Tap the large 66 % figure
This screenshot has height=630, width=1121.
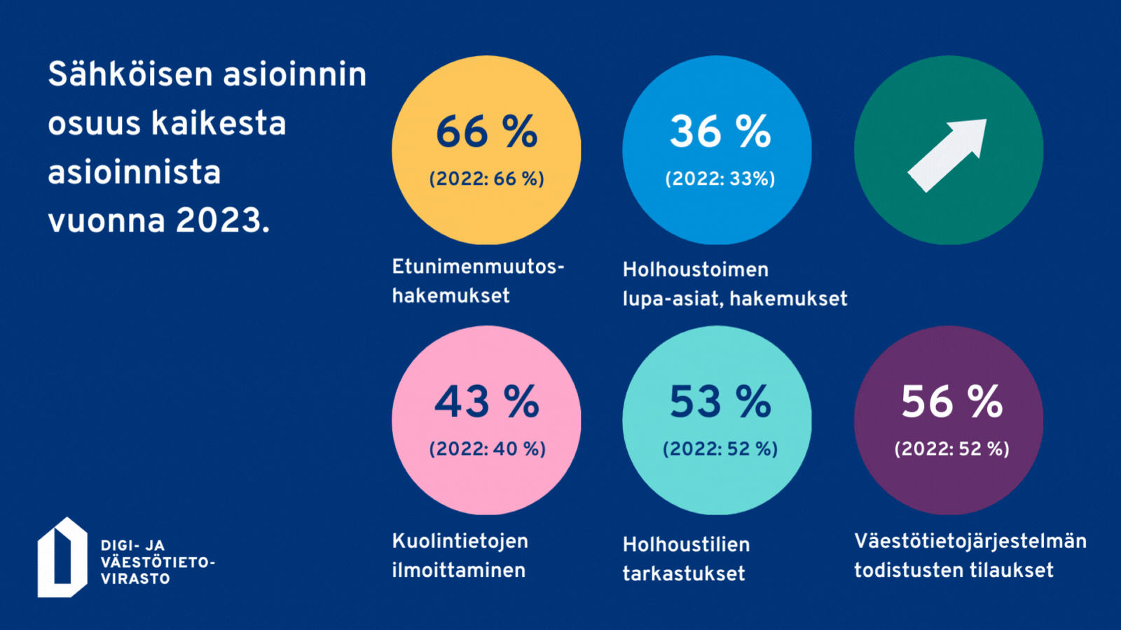(x=486, y=132)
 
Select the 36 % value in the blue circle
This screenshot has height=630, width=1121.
(x=720, y=132)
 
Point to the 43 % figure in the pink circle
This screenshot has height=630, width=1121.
(x=486, y=402)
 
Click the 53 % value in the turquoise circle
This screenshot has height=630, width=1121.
(x=720, y=402)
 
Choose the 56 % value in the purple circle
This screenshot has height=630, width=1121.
(x=951, y=402)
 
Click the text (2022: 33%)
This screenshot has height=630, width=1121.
(x=720, y=179)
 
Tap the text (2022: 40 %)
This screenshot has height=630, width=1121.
(x=487, y=449)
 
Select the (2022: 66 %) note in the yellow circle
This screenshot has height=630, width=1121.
(x=486, y=179)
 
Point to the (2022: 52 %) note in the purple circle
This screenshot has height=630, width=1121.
(x=951, y=449)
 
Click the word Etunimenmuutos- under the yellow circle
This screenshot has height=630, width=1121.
(x=478, y=267)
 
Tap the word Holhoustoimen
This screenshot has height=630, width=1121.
(x=696, y=269)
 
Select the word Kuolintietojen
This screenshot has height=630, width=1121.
(x=460, y=541)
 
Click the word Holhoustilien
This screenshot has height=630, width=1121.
(x=687, y=545)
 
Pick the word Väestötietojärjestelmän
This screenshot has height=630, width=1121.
(x=970, y=541)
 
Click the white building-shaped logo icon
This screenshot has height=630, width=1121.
(x=62, y=558)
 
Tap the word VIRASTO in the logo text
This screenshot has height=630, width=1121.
(x=135, y=579)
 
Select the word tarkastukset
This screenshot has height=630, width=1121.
(x=684, y=573)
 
